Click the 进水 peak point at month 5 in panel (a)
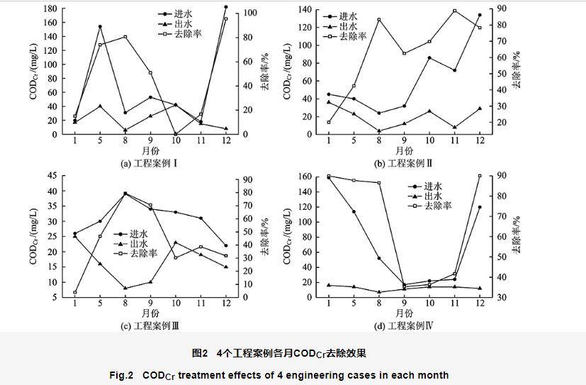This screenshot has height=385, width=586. [x=100, y=27]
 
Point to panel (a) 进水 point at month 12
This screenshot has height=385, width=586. [x=226, y=7]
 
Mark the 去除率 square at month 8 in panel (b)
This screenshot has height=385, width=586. [x=378, y=20]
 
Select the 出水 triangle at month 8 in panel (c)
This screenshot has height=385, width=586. [x=125, y=288]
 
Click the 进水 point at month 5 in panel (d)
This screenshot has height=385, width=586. [x=353, y=211]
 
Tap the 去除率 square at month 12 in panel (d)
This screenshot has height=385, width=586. [x=480, y=176]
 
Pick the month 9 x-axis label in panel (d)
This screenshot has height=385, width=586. [x=404, y=304]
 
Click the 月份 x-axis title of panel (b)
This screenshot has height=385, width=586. [x=404, y=150]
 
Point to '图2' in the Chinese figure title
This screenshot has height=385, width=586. [x=200, y=352]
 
